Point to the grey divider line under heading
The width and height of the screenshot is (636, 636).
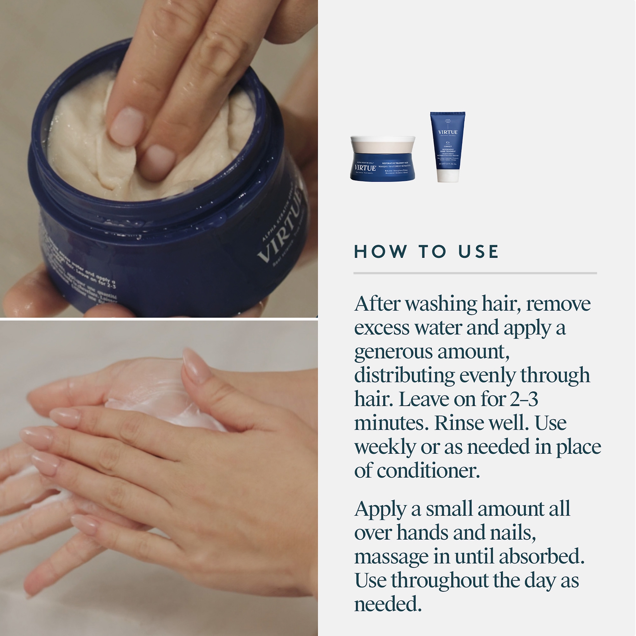tap(475, 273)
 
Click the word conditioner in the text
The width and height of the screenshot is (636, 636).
tap(428, 471)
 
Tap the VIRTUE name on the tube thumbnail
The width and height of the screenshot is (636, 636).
tap(448, 132)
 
